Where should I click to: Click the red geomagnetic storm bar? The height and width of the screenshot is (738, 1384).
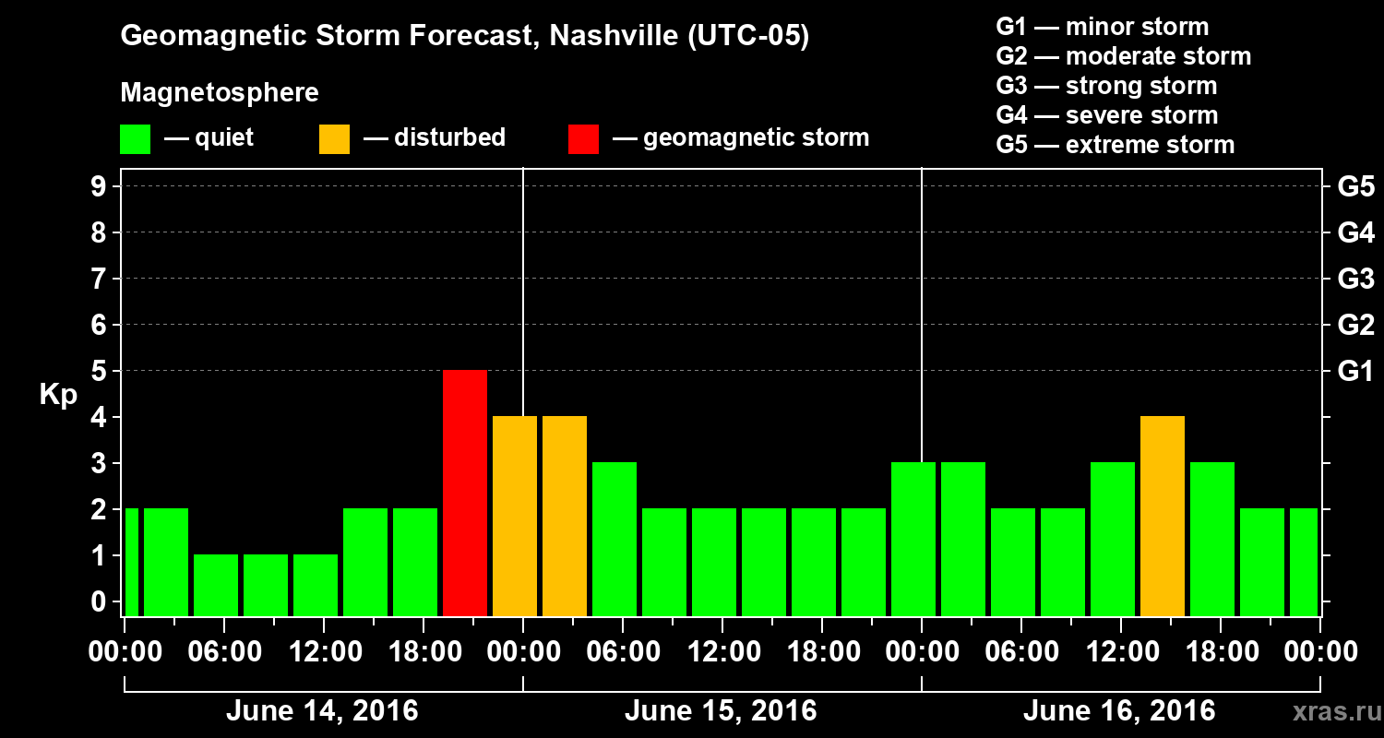click(x=465, y=493)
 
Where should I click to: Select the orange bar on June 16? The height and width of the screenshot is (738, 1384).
click(x=1163, y=516)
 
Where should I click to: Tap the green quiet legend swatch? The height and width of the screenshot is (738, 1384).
click(x=135, y=139)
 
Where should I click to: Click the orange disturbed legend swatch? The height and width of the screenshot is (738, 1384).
click(x=334, y=139)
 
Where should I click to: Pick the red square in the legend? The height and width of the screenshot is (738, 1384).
click(x=583, y=139)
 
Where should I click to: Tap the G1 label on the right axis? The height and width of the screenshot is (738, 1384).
click(x=1355, y=371)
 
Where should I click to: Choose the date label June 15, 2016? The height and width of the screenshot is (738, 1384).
click(x=721, y=711)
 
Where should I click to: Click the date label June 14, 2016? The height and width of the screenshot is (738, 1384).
click(x=322, y=711)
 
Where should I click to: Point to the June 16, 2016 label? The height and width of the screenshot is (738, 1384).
click(x=1119, y=711)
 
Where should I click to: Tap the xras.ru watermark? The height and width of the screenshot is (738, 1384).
click(x=1330, y=712)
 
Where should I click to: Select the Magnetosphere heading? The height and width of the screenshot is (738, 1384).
click(x=220, y=93)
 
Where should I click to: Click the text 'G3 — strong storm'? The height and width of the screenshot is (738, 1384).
click(x=1106, y=86)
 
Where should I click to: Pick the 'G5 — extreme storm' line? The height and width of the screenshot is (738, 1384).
click(x=1115, y=145)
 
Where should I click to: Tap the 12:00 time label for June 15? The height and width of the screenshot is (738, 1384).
click(x=722, y=652)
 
